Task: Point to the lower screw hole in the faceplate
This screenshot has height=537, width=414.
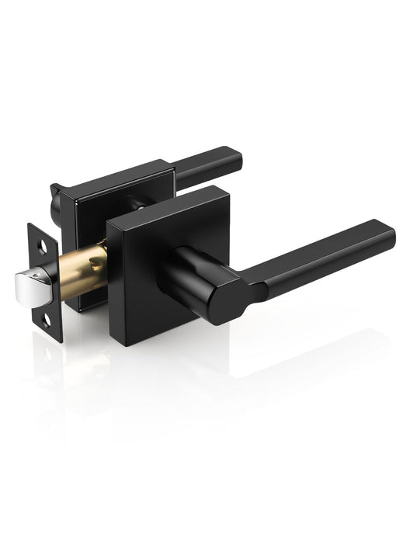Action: coord(47,317)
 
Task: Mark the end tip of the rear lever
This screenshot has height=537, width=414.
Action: coord(236,158)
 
